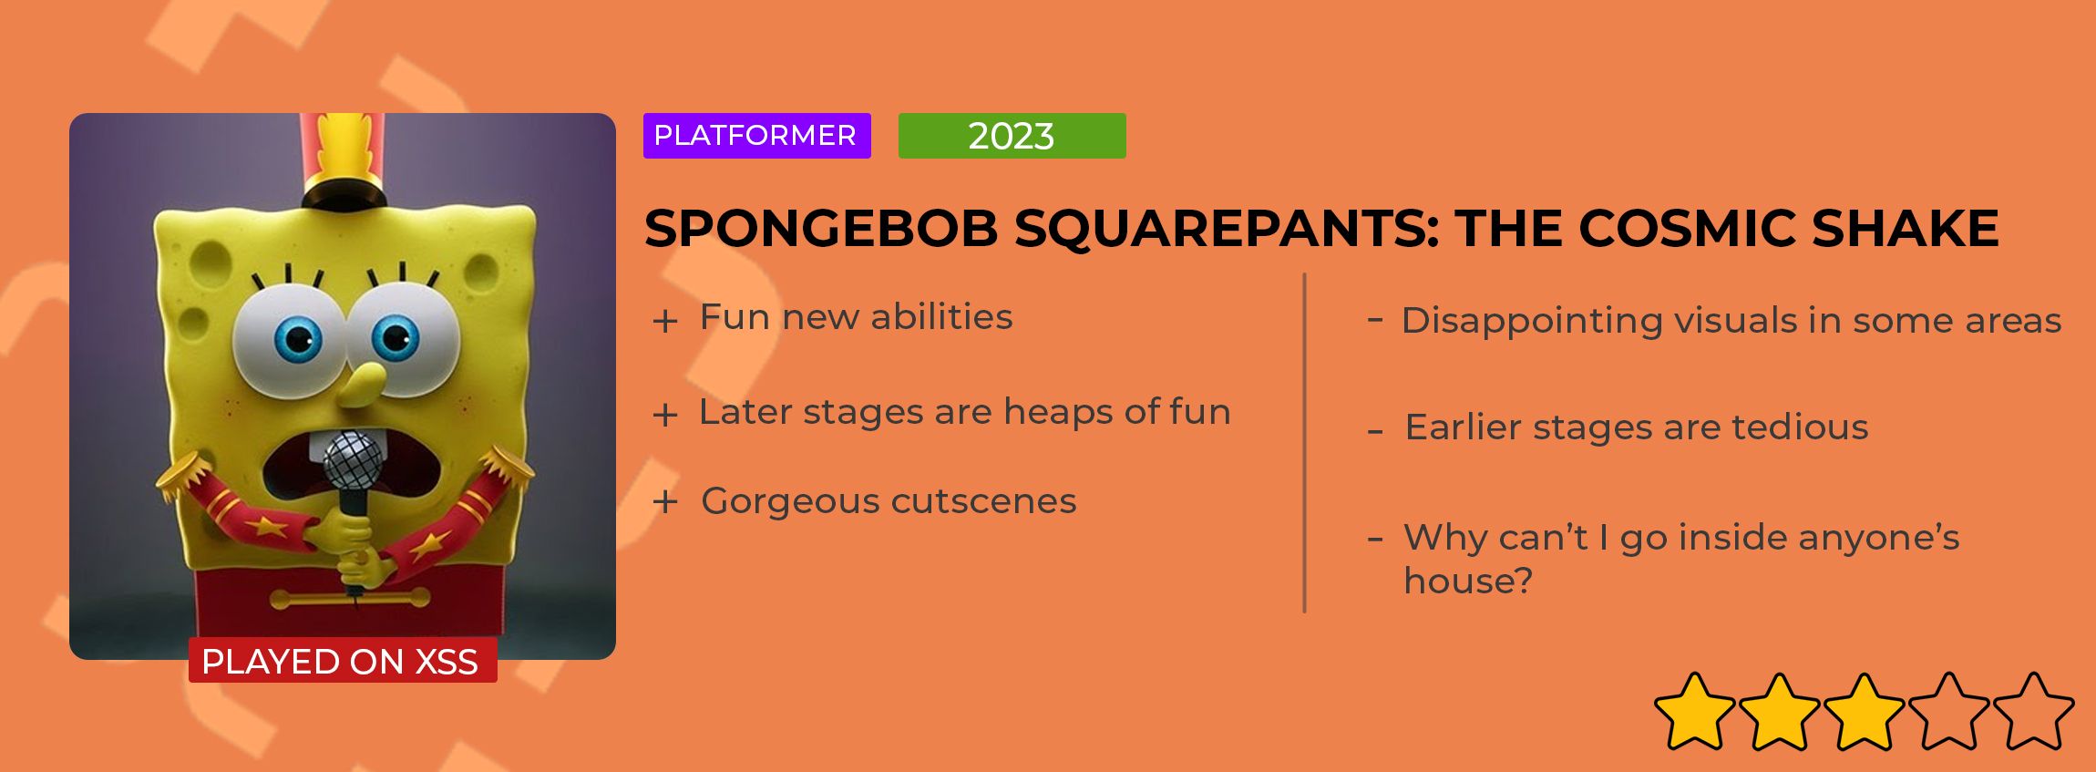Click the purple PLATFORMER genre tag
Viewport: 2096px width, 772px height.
coord(756,136)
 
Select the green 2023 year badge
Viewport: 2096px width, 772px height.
coord(1012,136)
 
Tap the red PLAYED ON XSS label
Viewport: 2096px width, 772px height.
coord(343,661)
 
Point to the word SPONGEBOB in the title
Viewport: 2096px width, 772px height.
coord(821,228)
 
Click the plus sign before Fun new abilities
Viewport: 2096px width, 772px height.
coord(665,321)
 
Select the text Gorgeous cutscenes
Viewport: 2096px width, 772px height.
coord(889,501)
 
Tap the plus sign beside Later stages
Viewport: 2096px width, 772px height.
coord(665,416)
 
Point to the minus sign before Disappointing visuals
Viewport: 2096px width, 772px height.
coord(1376,320)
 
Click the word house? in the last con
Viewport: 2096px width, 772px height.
coord(1468,581)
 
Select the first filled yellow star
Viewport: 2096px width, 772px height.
coord(1695,712)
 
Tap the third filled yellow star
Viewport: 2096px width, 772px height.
coord(1865,712)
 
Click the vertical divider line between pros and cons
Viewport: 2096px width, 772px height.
coord(1305,443)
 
